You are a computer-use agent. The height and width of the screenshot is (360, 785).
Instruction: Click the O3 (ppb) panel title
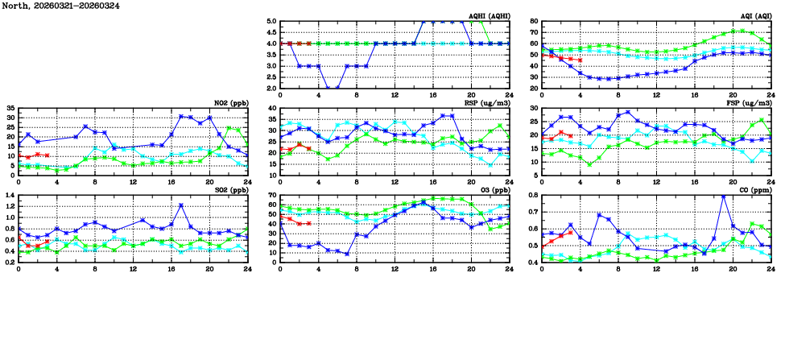(x=492, y=189)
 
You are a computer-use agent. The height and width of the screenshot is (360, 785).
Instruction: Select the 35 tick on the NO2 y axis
(x=10, y=108)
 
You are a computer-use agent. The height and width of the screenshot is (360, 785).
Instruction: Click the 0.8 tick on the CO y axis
(x=532, y=195)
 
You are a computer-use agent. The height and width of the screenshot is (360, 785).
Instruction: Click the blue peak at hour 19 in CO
(x=723, y=196)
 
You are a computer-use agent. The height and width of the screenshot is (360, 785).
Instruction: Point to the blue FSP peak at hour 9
(x=627, y=112)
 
